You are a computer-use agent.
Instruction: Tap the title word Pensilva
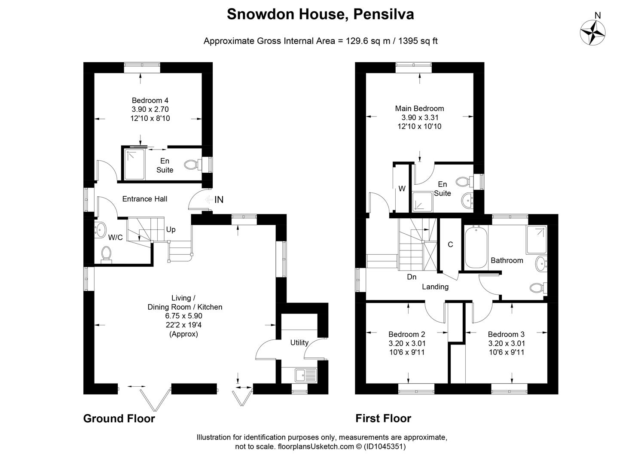pyautogui.click(x=383, y=15)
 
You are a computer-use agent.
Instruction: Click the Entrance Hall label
pyautogui.click(x=145, y=199)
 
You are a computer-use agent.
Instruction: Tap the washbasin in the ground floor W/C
pyautogui.click(x=101, y=230)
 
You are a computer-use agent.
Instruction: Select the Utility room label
pyautogui.click(x=299, y=342)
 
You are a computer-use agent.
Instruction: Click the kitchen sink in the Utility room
pyautogui.click(x=305, y=375)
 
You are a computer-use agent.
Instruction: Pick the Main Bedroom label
pyautogui.click(x=419, y=108)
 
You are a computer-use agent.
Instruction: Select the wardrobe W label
pyautogui.click(x=402, y=189)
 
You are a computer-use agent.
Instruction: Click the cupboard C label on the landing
pyautogui.click(x=450, y=244)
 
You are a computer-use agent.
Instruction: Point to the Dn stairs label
pyautogui.click(x=412, y=277)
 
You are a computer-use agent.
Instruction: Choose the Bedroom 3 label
pyautogui.click(x=506, y=334)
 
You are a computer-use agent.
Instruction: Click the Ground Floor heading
pyautogui.click(x=119, y=418)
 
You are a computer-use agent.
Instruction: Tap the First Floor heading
pyautogui.click(x=383, y=418)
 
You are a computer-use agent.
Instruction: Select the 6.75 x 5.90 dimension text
pyautogui.click(x=185, y=316)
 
